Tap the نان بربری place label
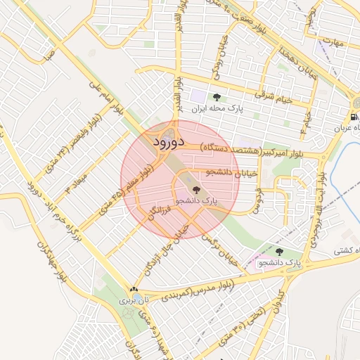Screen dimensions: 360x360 coord(135,300)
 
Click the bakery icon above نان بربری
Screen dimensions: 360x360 coord(134,289)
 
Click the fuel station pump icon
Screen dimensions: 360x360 coord(352,116)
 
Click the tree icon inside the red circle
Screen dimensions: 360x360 coord(196,190)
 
